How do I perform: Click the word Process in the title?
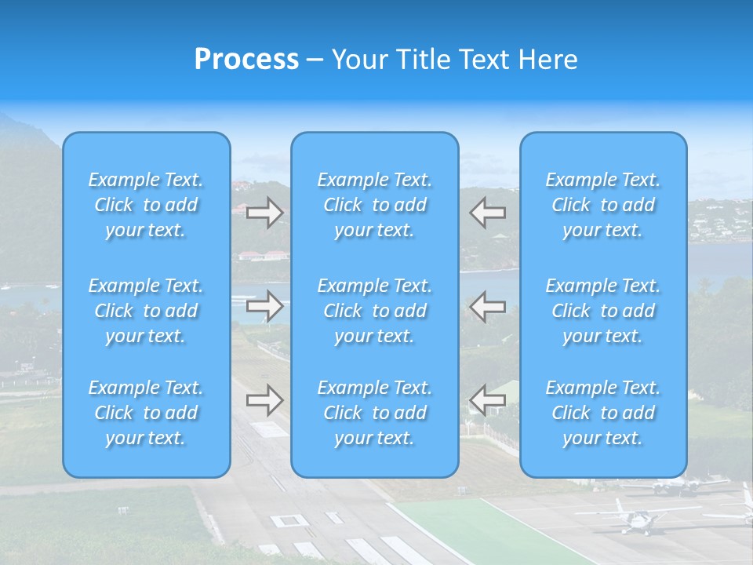[x=246, y=60]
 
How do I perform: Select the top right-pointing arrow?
[x=265, y=213]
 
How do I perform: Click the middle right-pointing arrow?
[x=265, y=306]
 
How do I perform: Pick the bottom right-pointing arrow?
[x=265, y=400]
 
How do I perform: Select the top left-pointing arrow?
[x=487, y=213]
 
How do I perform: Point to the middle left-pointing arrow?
[x=487, y=306]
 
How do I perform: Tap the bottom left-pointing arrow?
[x=487, y=400]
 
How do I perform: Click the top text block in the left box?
[x=146, y=205]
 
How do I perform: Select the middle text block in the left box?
[x=146, y=311]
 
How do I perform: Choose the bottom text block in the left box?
[x=146, y=413]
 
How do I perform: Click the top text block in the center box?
[x=375, y=205]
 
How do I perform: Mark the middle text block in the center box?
[x=375, y=311]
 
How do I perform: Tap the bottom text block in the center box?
[x=375, y=413]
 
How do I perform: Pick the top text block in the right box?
[x=603, y=205]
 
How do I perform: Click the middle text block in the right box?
[x=603, y=311]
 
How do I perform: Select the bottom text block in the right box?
[x=603, y=413]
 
